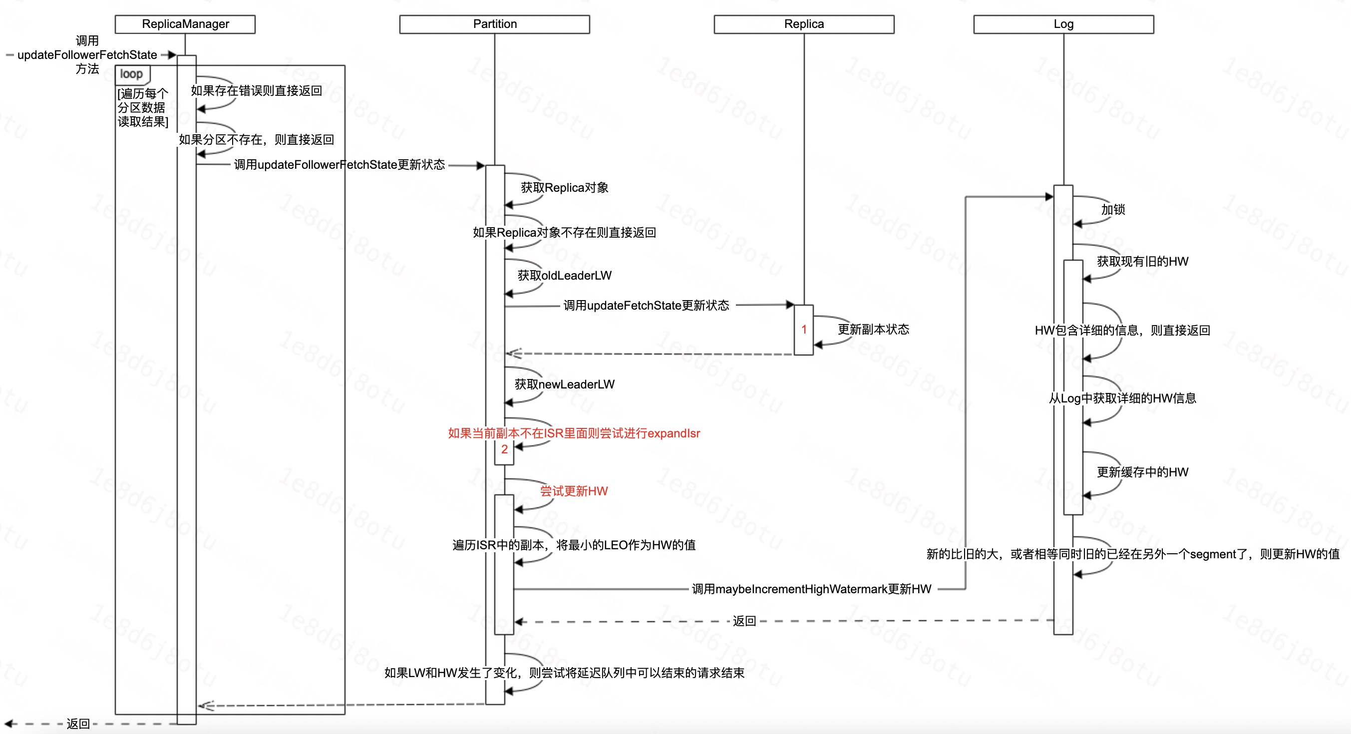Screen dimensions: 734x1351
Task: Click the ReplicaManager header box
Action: coord(185,24)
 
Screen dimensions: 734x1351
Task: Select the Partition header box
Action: coord(494,24)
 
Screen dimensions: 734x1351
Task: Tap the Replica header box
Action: coord(803,24)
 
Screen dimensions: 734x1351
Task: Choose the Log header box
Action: coord(1063,24)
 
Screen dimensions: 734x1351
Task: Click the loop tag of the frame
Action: coord(131,74)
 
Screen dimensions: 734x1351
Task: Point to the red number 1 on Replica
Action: coord(803,330)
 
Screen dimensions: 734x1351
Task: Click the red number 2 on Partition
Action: coord(504,449)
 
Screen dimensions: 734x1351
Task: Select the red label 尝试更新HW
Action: coord(574,491)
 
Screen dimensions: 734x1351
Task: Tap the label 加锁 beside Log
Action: coord(1113,209)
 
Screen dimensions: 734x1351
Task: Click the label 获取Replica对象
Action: coord(564,188)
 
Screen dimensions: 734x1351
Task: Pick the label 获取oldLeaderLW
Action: coord(564,276)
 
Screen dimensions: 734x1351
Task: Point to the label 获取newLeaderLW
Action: coord(564,384)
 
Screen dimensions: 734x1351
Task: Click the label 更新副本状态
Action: coord(873,330)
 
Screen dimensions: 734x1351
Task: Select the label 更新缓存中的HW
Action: coord(1142,472)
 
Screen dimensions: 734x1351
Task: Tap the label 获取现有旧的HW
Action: coord(1142,261)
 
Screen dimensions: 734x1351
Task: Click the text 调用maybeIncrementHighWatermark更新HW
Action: coord(811,589)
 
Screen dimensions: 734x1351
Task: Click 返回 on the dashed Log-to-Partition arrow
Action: coord(744,621)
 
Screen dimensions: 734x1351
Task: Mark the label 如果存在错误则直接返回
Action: coord(257,91)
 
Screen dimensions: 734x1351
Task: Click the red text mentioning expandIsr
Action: coord(574,433)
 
